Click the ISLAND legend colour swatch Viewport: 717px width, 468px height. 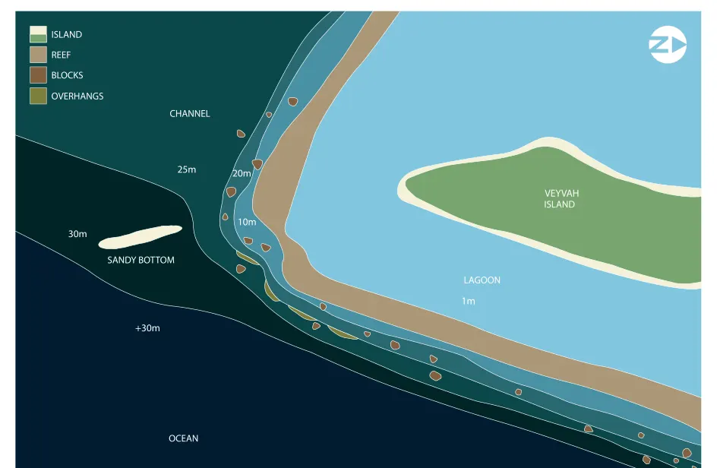39,34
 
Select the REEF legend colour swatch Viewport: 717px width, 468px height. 39,55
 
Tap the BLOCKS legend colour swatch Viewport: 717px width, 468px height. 39,75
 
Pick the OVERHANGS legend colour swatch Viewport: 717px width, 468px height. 39,96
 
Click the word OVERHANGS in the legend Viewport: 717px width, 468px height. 77,96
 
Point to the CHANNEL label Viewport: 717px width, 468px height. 190,113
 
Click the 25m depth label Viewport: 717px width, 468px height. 187,169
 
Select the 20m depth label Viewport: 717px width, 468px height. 242,173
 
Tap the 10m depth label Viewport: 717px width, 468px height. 247,222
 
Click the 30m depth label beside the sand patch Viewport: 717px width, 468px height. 77,234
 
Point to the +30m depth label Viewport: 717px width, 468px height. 147,328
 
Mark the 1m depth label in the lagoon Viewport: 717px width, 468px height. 468,301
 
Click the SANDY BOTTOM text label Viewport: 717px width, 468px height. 141,260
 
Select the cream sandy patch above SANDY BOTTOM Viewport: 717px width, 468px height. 140,237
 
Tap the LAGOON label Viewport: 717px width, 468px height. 482,280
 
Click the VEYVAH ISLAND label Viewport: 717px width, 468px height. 561,198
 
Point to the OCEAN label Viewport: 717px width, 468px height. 183,438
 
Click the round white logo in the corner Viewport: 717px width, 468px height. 668,45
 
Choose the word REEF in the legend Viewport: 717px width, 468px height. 61,55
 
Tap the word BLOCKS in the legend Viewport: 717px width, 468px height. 67,75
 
